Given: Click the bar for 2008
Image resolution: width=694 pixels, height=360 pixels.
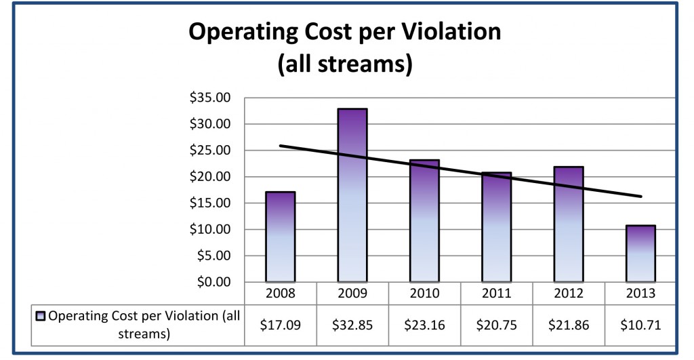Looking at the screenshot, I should click(280, 237).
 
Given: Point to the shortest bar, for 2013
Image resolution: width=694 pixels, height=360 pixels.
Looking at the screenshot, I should click(640, 254).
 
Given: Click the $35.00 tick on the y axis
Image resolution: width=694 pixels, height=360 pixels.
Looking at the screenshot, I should click(210, 98).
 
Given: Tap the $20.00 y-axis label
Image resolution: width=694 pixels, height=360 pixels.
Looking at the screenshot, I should click(210, 177).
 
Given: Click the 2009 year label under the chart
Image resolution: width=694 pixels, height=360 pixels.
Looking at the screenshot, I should click(352, 295).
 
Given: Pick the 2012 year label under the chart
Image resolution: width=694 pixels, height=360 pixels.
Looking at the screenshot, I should click(568, 295).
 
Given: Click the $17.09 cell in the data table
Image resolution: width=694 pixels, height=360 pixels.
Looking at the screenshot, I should click(280, 324).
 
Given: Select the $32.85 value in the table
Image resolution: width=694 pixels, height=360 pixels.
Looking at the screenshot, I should click(352, 324).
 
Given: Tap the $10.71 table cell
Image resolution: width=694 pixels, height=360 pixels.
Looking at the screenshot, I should click(640, 324).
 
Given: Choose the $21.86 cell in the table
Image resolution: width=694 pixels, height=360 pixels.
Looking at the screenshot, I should click(568, 324).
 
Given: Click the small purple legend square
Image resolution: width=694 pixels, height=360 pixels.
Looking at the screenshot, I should click(41, 316).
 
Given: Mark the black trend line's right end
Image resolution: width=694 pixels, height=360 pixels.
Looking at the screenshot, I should click(640, 197).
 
